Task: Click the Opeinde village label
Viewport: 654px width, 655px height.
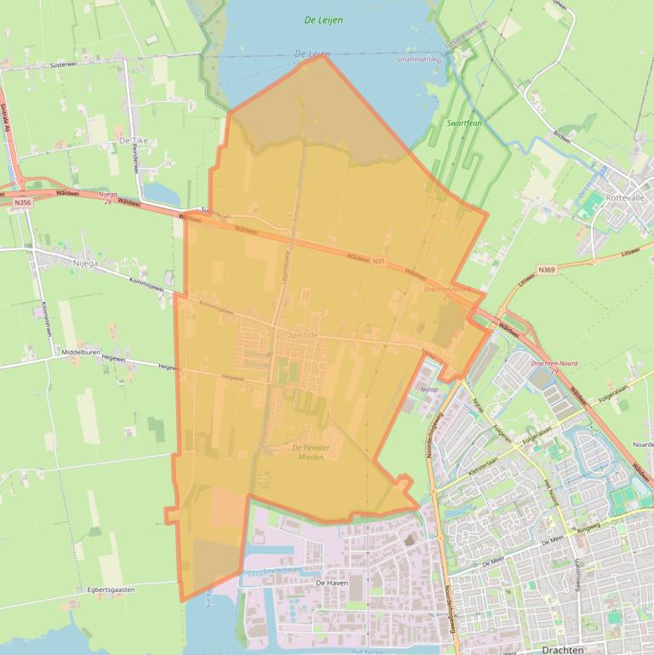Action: pyautogui.click(x=302, y=335)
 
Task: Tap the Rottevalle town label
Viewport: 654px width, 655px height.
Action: pyautogui.click(x=624, y=197)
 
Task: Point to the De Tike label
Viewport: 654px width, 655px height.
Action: pyautogui.click(x=134, y=140)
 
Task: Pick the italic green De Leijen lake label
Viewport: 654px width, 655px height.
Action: pyautogui.click(x=323, y=20)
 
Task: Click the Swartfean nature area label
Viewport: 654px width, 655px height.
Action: pyautogui.click(x=465, y=123)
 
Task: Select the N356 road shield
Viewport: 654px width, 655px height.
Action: pyautogui.click(x=23, y=202)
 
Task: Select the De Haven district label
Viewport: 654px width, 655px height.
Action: pyautogui.click(x=332, y=583)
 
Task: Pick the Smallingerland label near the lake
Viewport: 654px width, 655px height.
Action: pyautogui.click(x=419, y=60)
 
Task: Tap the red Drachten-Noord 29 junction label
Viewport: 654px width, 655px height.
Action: pyautogui.click(x=554, y=367)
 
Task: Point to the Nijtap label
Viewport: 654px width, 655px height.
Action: pyautogui.click(x=429, y=389)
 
